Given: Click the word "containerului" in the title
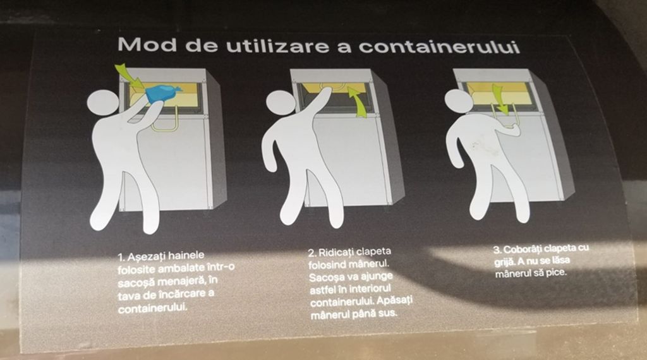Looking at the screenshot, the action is coord(438,47).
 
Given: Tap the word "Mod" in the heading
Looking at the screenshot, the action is coord(147,44).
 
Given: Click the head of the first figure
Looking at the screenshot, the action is coord(103,105).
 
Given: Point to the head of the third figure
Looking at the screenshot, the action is coord(458,102).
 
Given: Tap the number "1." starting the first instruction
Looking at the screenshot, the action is coord(121,258).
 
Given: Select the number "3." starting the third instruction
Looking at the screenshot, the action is coord(498,250).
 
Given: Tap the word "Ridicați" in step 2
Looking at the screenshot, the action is coord(336,252).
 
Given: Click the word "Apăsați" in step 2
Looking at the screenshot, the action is coord(394,301).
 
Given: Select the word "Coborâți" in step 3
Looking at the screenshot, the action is coord(523,249).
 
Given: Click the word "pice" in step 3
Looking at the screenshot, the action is coord(555,272).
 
